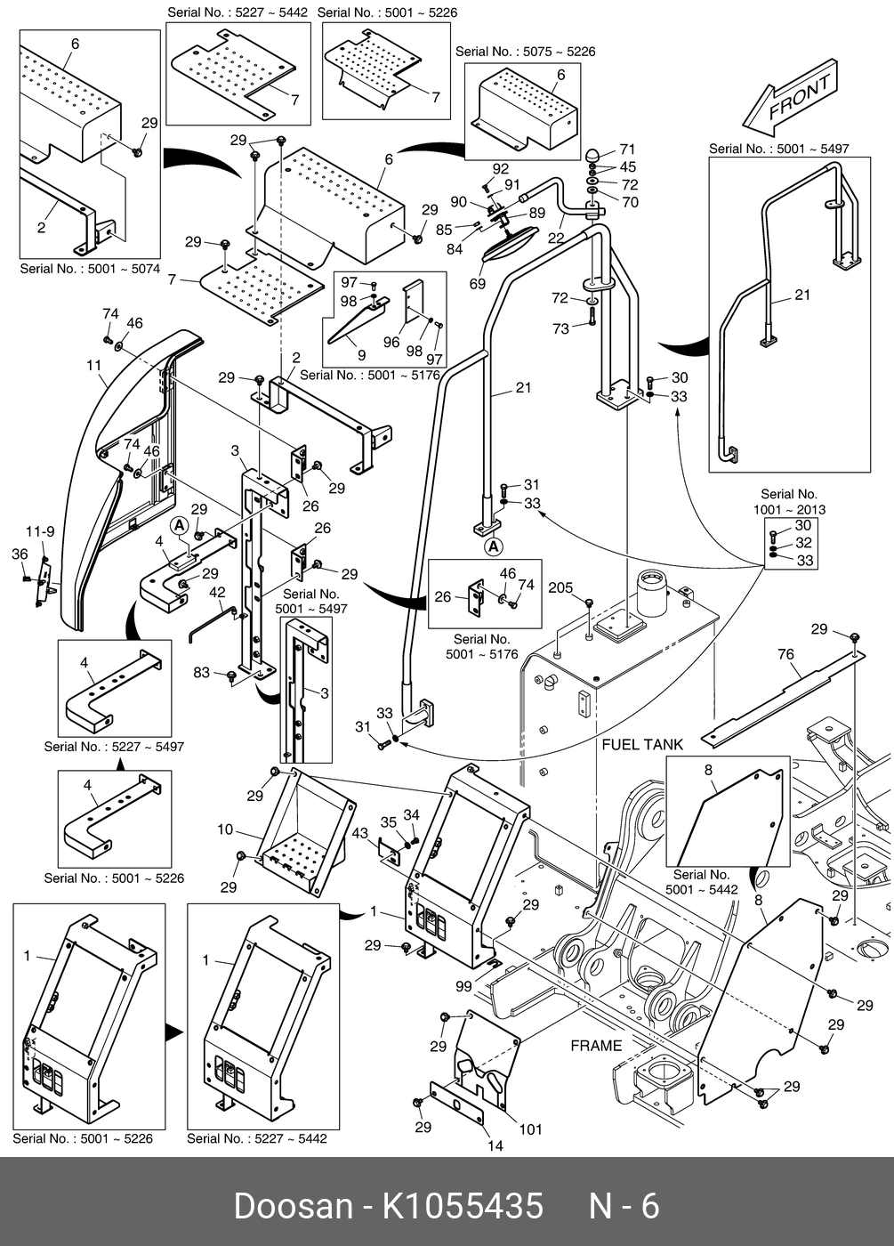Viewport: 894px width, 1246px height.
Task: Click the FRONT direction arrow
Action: pos(790,98)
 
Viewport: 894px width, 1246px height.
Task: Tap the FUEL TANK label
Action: pos(642,744)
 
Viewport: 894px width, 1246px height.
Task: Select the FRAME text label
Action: pos(596,1045)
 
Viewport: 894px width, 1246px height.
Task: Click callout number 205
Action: pos(560,587)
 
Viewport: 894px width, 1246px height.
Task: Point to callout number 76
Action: pos(785,655)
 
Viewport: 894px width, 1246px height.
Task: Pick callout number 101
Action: pos(530,1129)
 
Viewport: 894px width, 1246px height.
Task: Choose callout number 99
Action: pos(463,986)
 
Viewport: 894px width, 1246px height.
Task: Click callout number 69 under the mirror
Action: pos(478,284)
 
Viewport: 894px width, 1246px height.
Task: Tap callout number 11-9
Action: pos(39,531)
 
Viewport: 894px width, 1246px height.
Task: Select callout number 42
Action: pos(217,593)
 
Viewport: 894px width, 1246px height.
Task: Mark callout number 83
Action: pos(202,673)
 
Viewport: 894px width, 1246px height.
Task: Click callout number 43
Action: pos(359,833)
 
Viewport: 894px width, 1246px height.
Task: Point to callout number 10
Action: pos(225,829)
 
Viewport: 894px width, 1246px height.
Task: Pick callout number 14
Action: pos(495,1145)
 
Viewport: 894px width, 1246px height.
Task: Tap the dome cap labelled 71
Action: pos(592,154)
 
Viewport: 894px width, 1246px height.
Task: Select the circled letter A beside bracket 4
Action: pos(180,526)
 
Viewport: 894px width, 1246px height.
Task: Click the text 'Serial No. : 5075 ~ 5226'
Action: pos(525,52)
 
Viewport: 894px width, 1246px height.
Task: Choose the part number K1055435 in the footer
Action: pos(463,1206)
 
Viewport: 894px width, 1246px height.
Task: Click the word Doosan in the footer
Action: pos(293,1206)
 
